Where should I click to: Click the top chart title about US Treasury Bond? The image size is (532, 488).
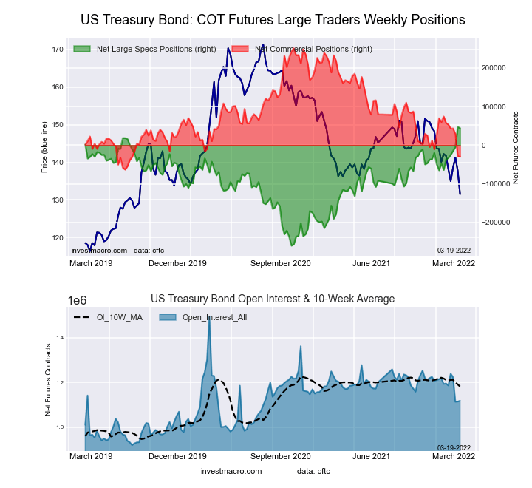[x=273, y=20]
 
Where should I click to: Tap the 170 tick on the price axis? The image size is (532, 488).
[x=58, y=50]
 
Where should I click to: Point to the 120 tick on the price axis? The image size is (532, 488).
[x=58, y=238]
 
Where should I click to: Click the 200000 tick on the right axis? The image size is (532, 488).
[x=494, y=68]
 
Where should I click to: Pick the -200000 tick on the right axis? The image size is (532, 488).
[x=493, y=222]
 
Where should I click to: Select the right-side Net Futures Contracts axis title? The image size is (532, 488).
[x=516, y=147]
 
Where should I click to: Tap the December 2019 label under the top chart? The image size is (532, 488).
[x=177, y=263]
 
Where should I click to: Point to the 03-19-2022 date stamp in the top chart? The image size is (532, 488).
[x=454, y=251]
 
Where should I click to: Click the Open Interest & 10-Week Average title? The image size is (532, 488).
[x=273, y=299]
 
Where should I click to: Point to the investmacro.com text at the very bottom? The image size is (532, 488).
[x=231, y=471]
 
